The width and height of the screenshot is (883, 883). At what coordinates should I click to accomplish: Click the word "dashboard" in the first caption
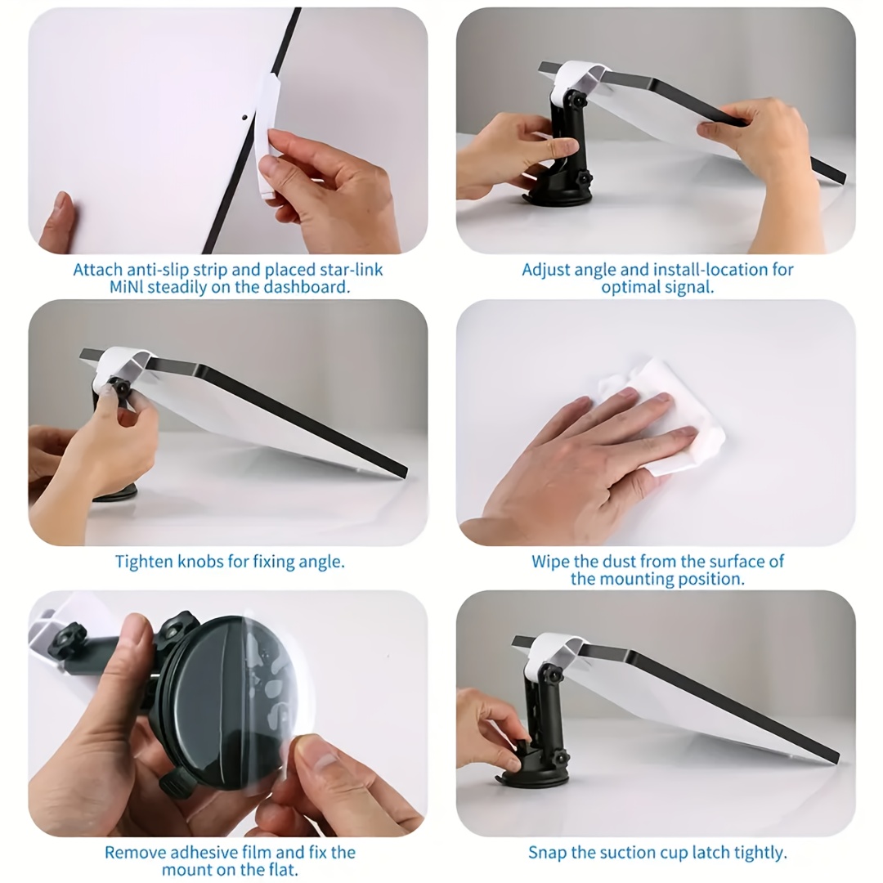coord(304,287)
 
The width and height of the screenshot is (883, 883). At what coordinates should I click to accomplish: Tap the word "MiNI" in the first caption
coord(126,287)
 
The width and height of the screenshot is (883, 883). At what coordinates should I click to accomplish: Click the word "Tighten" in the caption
coord(144,562)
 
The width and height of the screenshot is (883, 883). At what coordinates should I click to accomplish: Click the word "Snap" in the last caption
coord(547,853)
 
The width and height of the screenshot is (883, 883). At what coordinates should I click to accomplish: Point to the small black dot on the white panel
coord(245,119)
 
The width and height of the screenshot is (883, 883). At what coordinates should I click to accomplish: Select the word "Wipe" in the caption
coord(550,562)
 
